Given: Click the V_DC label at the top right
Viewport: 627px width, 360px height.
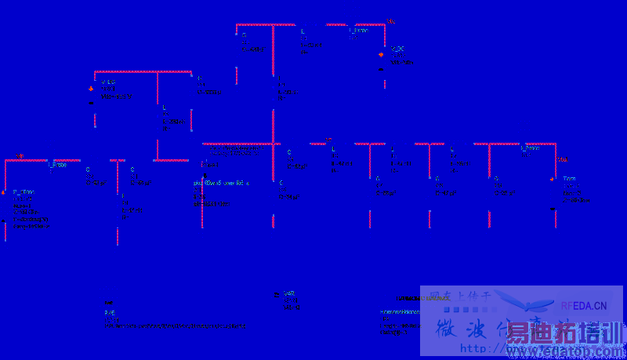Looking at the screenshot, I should [397, 49].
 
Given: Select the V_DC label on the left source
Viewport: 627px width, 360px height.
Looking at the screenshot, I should [107, 82].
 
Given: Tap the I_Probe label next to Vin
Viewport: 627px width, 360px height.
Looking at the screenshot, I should [57, 165].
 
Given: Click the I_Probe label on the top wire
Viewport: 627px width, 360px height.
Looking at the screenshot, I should [358, 31].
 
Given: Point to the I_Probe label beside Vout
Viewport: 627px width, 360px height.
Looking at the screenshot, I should [530, 147].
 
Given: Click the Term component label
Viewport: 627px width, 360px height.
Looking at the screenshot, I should [569, 180].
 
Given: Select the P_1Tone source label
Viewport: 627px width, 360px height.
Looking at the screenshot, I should [24, 192].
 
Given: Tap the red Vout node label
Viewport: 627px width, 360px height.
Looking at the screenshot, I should [561, 160].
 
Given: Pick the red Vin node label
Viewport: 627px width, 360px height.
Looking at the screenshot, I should [20, 156].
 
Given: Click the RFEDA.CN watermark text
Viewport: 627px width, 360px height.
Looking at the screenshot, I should [584, 306].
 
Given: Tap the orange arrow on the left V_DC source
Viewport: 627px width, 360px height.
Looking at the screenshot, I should [91, 89].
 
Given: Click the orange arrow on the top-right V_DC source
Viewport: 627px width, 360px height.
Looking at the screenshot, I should [381, 55].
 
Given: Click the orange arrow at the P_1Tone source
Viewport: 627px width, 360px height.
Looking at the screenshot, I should [4, 191].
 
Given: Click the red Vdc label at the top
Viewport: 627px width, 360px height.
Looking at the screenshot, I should [390, 20].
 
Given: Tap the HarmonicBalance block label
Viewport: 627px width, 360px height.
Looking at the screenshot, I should [400, 312].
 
